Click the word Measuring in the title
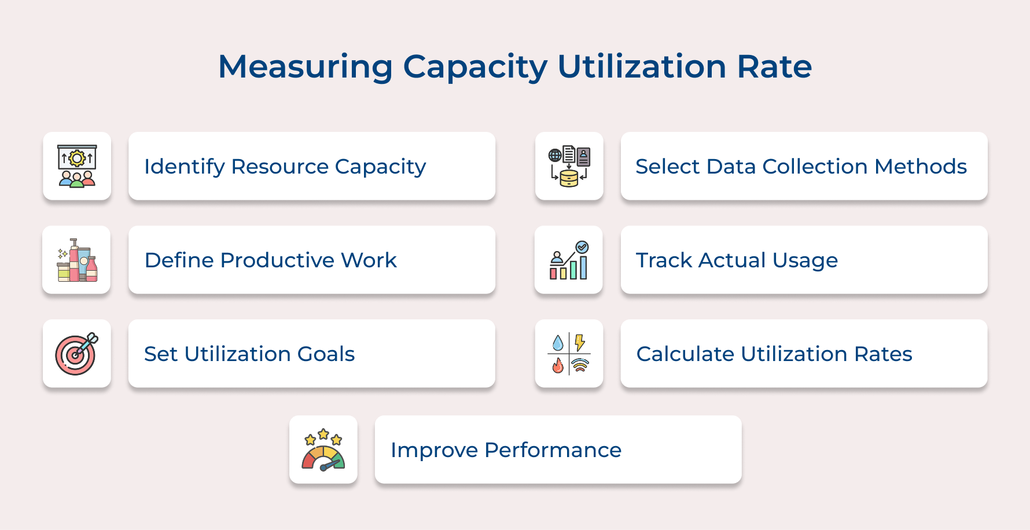[x=305, y=67]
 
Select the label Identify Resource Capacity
[x=285, y=167]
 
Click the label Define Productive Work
[x=271, y=260]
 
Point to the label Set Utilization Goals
[x=249, y=354]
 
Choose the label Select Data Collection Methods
[x=801, y=167]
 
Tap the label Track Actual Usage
[x=737, y=260]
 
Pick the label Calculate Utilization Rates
[x=774, y=354]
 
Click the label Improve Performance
[x=506, y=450]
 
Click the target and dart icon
[x=76, y=354]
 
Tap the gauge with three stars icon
[x=323, y=450]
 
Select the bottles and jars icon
[x=76, y=260]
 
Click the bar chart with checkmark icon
[x=569, y=260]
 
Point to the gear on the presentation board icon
[x=77, y=158]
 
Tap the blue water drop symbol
[x=558, y=343]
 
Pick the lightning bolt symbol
[x=580, y=343]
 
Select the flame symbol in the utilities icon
[x=558, y=365]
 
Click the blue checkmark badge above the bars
[x=582, y=247]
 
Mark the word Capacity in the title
[x=475, y=67]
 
